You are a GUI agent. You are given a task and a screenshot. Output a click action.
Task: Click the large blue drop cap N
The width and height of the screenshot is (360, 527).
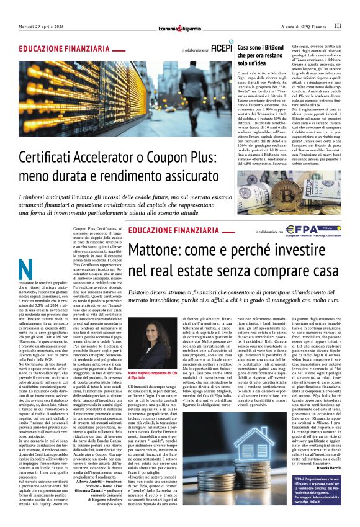click(26, 270)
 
